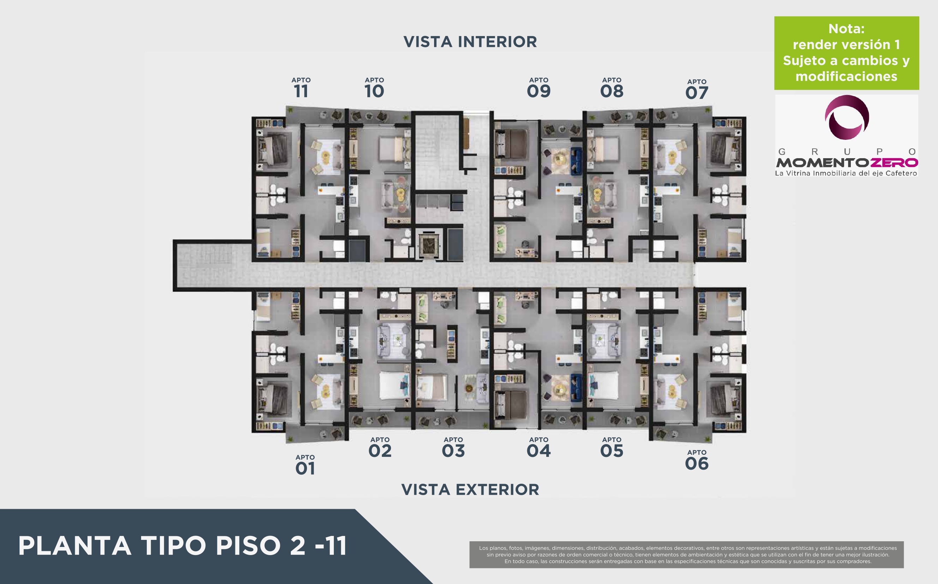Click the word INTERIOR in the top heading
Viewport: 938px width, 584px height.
tap(498, 42)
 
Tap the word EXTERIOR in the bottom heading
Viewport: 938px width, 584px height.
tap(498, 490)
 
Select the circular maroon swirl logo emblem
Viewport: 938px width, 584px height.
tap(847, 117)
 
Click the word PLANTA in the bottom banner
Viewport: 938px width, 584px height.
tap(74, 546)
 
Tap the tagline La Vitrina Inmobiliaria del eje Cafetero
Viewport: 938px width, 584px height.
tap(846, 173)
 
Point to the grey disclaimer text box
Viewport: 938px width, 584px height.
tap(686, 555)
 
